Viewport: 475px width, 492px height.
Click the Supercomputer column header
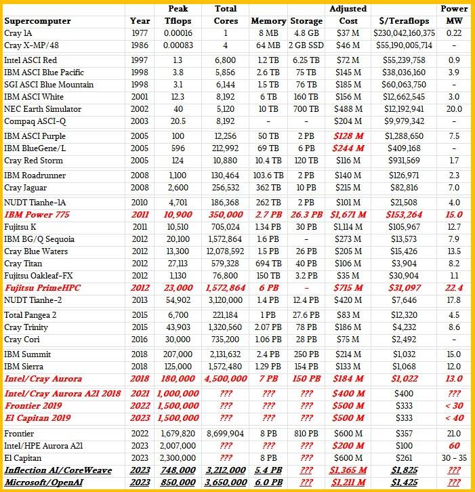[x=37, y=21]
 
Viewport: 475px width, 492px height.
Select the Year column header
[x=140, y=21]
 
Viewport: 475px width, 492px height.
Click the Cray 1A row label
[x=20, y=33]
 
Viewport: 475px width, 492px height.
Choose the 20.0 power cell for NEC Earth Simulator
[x=454, y=108]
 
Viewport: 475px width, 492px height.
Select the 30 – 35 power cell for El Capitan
[x=454, y=459]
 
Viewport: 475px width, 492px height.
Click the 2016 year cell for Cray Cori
[x=140, y=340]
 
